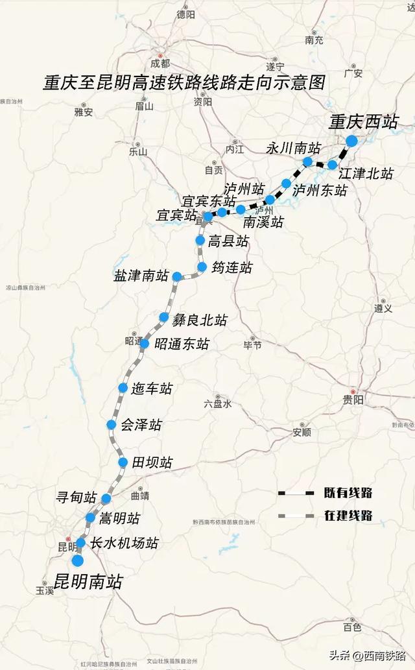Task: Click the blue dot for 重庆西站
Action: (x=351, y=141)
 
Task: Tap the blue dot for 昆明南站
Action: (x=78, y=560)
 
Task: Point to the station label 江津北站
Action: (x=366, y=174)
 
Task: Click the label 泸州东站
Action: (x=320, y=191)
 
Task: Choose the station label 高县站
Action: (x=228, y=241)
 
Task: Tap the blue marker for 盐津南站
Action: (x=176, y=276)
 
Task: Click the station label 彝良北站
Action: (x=200, y=320)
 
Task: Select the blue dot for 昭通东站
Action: (x=145, y=344)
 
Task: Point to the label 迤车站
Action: (x=152, y=389)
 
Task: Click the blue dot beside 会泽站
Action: (x=111, y=425)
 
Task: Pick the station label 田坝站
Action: (x=152, y=463)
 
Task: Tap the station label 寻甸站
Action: (x=77, y=498)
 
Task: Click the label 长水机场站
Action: (x=124, y=544)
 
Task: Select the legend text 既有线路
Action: (x=348, y=494)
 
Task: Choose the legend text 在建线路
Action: (x=348, y=516)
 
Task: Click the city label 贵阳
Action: (x=353, y=400)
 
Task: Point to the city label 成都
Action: (x=160, y=64)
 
